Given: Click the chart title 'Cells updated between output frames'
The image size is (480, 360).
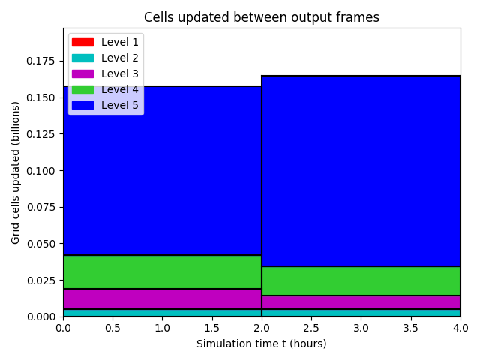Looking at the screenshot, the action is point(262,17).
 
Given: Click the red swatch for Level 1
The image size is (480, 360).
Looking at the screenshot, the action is point(82,42).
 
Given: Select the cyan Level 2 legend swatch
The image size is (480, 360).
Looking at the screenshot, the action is point(82,58).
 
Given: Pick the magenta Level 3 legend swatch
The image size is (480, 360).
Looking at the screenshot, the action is point(82,73).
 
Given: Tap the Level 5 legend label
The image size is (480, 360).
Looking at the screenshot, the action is point(120,105).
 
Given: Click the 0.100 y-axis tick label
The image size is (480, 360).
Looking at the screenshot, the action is point(40,171).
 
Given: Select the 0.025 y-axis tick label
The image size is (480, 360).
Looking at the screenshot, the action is point(40,280).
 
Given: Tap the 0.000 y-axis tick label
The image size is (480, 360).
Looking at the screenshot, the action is point(40,316).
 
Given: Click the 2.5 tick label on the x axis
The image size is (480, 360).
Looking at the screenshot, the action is point(311,328).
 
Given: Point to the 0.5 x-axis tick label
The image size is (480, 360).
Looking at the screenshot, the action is point(113,328).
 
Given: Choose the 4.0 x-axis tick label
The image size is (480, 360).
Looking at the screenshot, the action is point(460,328).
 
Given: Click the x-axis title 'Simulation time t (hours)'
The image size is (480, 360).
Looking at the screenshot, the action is point(262,343).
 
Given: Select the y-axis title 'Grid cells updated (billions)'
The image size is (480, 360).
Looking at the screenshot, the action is point(15,172).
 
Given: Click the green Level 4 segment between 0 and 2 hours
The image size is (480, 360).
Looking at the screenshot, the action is point(163,271).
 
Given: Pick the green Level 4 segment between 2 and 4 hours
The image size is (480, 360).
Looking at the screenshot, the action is point(361,281).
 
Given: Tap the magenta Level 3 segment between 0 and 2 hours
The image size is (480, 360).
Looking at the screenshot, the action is point(163,298).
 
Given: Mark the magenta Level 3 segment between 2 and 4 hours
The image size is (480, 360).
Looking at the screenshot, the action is point(361,302).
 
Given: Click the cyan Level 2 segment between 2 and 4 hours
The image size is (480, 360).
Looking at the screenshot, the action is point(361,313).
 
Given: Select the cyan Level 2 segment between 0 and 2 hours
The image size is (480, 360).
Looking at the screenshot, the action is point(163,313).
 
